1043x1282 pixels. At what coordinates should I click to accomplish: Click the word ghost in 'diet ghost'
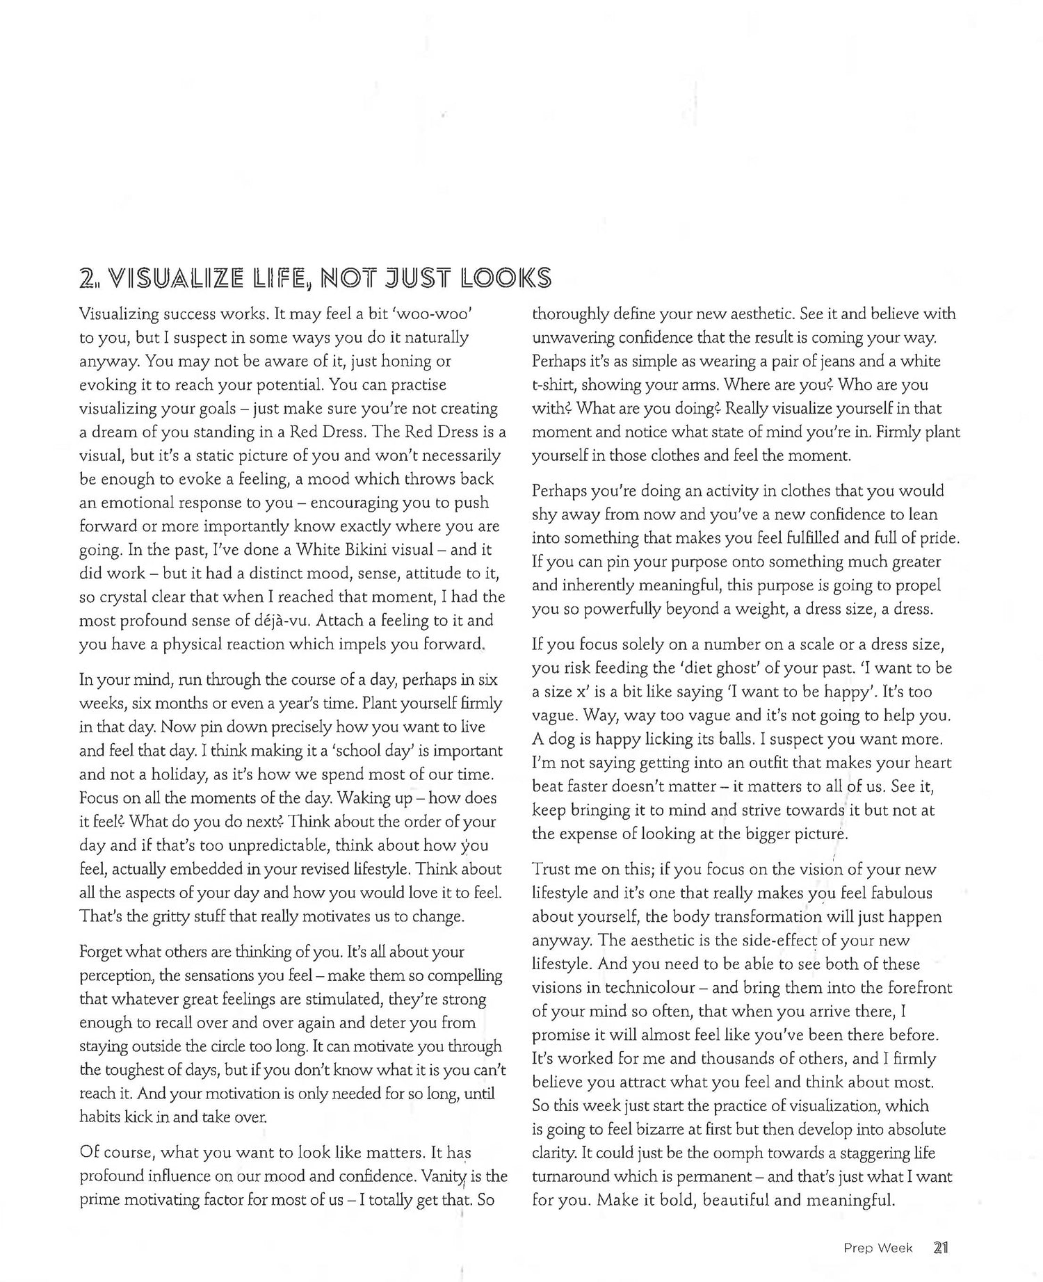[729, 667]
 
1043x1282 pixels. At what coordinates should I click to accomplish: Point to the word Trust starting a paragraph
[553, 869]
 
